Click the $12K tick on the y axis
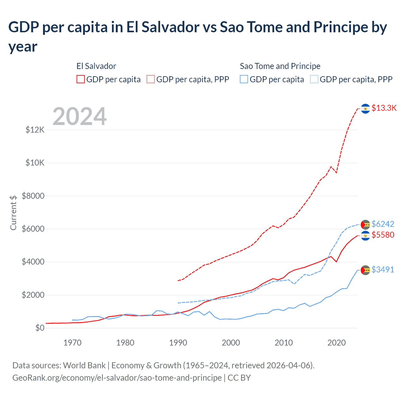click(x=35, y=130)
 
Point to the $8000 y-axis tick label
click(x=33, y=196)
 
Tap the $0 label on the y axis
click(x=40, y=328)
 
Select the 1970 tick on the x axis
click(x=72, y=343)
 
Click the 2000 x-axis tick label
click(x=231, y=343)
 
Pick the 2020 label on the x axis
click(x=336, y=343)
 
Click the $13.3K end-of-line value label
click(x=384, y=108)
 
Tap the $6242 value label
click(x=383, y=224)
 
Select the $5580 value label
click(x=383, y=235)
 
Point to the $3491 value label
click(x=383, y=270)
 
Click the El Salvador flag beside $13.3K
click(x=365, y=109)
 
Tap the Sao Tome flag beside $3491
click(x=365, y=270)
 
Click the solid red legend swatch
click(x=81, y=79)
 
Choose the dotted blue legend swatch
click(x=314, y=79)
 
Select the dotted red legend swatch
click(x=151, y=79)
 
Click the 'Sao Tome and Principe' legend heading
click(x=280, y=66)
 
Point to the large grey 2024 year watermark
click(x=79, y=116)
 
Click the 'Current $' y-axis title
click(x=13, y=213)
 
